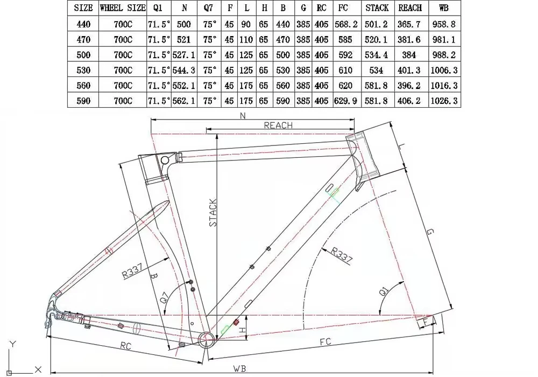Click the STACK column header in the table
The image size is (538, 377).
click(377, 8)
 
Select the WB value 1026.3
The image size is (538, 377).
click(444, 101)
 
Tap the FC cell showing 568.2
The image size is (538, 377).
click(346, 24)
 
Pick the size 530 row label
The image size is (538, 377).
click(83, 71)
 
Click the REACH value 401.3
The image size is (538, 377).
click(409, 71)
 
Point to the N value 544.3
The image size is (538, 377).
click(183, 71)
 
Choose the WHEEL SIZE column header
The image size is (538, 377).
click(123, 8)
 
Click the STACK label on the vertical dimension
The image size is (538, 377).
click(213, 213)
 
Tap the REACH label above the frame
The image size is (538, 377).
click(278, 125)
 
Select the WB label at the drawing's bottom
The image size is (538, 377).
click(239, 369)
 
